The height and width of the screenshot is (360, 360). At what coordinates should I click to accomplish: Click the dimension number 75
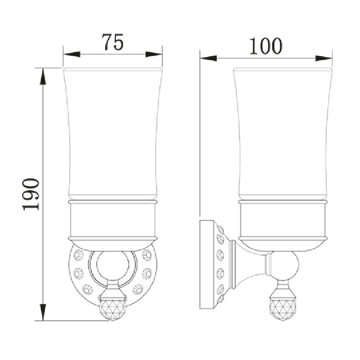coord(113,42)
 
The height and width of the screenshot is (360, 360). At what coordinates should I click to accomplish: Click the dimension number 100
coord(266,46)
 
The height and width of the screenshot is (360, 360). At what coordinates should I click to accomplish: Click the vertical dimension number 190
coord(31,194)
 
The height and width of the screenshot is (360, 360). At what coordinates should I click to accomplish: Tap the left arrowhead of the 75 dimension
coord(72,54)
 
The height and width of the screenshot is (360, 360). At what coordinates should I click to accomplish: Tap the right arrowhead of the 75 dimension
coord(154,54)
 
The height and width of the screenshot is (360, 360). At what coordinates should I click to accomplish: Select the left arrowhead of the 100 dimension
coord(208,58)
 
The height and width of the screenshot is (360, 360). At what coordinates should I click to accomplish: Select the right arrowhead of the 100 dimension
coord(324,58)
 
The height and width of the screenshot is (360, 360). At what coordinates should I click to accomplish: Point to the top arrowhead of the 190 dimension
coord(43,77)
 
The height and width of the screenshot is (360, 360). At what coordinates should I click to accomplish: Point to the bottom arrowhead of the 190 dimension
coord(43,312)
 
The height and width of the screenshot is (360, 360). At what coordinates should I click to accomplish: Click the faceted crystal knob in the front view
coord(113,309)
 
